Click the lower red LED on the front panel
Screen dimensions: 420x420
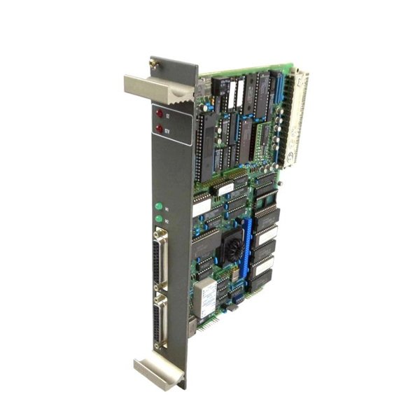pyautogui.click(x=159, y=129)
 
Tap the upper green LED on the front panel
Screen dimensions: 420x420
pyautogui.click(x=159, y=206)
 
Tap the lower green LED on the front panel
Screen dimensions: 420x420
pyautogui.click(x=159, y=219)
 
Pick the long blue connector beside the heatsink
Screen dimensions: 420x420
pyautogui.click(x=246, y=245)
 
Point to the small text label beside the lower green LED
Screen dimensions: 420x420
pyautogui.click(x=167, y=220)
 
